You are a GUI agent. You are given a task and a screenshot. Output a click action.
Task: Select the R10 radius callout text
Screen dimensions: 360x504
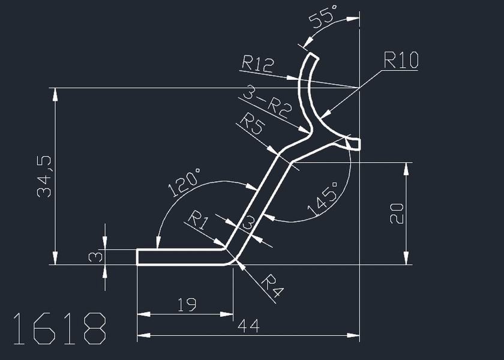coord(401,60)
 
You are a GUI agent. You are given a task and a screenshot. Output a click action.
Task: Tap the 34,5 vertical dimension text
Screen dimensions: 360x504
coord(44,176)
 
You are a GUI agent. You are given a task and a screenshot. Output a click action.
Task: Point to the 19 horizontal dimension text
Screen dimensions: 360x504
coord(187,305)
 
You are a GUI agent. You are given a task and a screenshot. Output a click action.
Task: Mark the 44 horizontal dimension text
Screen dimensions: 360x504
coord(248,326)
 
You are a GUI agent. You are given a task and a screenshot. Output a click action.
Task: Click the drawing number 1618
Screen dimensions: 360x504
coord(59,329)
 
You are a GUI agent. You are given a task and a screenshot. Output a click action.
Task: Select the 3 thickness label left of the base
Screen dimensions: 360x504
coord(95,257)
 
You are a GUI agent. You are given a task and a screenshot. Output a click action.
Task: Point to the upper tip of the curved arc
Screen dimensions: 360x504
coord(312,57)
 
